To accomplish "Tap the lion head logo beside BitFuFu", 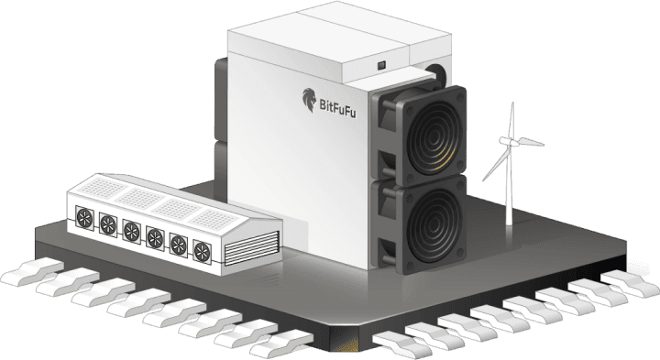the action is [309, 100].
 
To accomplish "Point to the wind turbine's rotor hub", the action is [511, 142].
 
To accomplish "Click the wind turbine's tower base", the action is [510, 222].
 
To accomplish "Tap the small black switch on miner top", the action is [381, 65].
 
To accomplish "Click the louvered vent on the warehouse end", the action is [252, 248].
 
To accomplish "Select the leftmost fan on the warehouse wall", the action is [84, 218].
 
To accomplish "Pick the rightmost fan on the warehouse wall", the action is [202, 252].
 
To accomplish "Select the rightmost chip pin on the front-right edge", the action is [631, 283].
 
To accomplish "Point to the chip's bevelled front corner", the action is [344, 340].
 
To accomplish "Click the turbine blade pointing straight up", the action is [511, 121].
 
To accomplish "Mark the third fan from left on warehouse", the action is [132, 232].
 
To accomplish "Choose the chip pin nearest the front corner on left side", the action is [281, 343].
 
